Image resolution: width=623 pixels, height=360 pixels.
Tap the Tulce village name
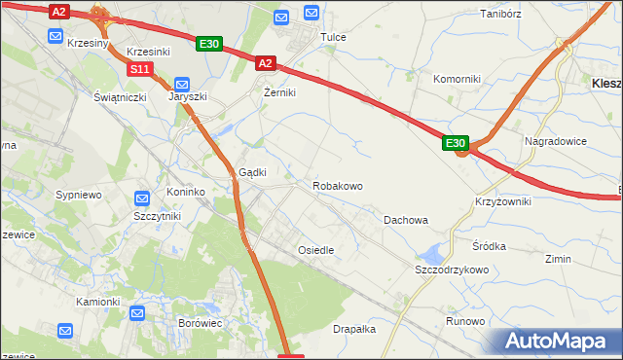(334, 37)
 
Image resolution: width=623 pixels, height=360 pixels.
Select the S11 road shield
(140, 69)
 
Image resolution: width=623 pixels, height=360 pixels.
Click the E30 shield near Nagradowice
(457, 143)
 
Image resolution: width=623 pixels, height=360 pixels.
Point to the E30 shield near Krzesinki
(209, 44)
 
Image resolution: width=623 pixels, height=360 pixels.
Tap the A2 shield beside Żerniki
(265, 63)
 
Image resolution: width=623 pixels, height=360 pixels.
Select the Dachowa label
(406, 220)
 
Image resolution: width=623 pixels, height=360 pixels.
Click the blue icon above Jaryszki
(181, 86)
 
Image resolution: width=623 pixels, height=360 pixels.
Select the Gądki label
(253, 172)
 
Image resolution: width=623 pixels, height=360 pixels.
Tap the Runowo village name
(465, 321)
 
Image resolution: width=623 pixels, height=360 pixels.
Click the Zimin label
(558, 260)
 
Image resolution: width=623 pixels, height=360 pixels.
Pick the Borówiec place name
(202, 321)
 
